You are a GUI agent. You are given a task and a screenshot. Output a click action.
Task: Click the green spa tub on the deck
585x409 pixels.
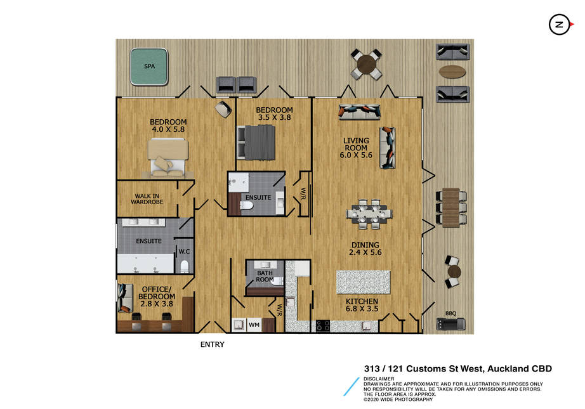pos(149,67)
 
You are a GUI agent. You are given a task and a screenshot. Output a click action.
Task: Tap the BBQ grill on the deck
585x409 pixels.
pos(450,323)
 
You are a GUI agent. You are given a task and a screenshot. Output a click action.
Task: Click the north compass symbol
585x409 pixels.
pos(560,25)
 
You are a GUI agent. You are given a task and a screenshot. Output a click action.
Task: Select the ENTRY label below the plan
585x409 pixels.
pos(213,344)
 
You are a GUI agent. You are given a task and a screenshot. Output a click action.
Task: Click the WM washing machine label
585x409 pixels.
pos(254,325)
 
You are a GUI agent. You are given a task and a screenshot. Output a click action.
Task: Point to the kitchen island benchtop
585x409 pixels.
pos(363,282)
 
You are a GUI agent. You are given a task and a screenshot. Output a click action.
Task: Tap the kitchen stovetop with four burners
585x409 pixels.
pos(323,326)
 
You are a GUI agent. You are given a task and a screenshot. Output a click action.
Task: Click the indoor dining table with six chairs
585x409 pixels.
pos(369,214)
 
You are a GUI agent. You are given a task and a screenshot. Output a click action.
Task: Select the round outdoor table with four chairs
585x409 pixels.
pos(366,65)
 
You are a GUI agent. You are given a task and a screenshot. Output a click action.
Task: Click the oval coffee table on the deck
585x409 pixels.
pos(452,72)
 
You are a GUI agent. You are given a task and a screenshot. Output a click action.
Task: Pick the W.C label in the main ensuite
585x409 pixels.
pos(184,251)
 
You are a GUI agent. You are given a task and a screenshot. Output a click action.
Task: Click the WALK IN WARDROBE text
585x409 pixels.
pos(147,198)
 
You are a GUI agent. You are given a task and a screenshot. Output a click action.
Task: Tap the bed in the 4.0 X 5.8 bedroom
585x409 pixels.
pos(168,157)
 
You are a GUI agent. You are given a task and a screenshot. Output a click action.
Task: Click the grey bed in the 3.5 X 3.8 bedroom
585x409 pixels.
pos(256,143)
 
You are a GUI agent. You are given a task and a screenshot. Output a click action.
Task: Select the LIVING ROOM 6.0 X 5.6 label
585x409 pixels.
pos(356,148)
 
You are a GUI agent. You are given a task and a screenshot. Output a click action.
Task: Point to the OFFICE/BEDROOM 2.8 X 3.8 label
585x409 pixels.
pos(157,296)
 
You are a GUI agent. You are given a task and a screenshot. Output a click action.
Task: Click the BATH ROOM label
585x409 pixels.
pos(265,276)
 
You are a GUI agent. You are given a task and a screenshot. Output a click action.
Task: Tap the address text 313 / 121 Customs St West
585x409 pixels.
pos(424,368)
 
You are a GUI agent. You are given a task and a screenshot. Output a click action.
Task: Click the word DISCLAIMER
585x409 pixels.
pos(379,379)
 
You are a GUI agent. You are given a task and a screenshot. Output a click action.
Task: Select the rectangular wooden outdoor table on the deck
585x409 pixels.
pos(450,207)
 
